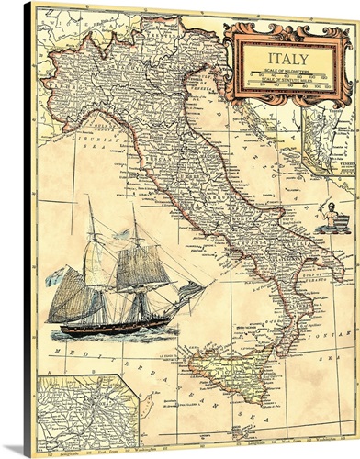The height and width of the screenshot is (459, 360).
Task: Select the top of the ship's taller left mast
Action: tap(90, 199)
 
